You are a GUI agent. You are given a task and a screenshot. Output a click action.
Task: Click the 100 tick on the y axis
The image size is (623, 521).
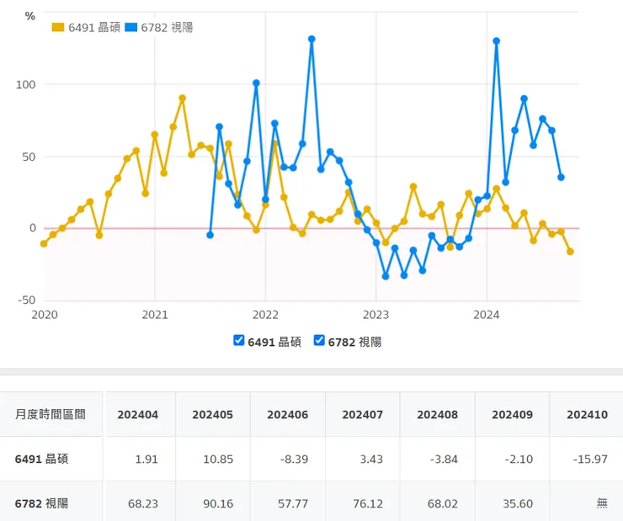tap(25, 85)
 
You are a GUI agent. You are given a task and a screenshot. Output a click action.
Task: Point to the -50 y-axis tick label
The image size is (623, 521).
tap(25, 300)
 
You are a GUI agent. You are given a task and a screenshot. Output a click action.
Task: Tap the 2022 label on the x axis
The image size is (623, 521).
tap(265, 315)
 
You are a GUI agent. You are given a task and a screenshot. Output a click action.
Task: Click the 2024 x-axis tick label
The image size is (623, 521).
tap(487, 315)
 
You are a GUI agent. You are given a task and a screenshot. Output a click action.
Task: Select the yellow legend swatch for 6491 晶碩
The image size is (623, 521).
tap(58, 27)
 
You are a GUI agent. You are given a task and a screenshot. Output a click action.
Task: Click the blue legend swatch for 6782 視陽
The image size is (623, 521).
tap(130, 27)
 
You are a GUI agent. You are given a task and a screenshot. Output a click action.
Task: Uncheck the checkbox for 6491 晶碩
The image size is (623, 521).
tap(239, 341)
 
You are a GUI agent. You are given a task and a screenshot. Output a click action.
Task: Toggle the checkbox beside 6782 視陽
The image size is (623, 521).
tap(319, 341)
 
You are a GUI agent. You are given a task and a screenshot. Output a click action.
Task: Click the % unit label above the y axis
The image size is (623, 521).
tap(30, 16)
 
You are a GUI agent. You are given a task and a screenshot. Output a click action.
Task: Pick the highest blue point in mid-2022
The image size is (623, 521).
tap(311, 39)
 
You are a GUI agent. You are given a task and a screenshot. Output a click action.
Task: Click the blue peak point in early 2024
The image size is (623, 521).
tap(497, 40)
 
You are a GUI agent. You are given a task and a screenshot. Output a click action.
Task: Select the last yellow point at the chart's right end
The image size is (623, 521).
tap(571, 252)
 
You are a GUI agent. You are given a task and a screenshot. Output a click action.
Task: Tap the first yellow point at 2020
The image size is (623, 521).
tap(44, 243)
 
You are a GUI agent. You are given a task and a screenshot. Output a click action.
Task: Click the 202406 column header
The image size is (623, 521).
tap(287, 414)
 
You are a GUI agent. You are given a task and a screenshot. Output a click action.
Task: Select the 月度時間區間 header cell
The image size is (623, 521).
tap(50, 414)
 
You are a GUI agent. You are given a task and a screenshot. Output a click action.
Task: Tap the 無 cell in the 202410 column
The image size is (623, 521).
tap(601, 503)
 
